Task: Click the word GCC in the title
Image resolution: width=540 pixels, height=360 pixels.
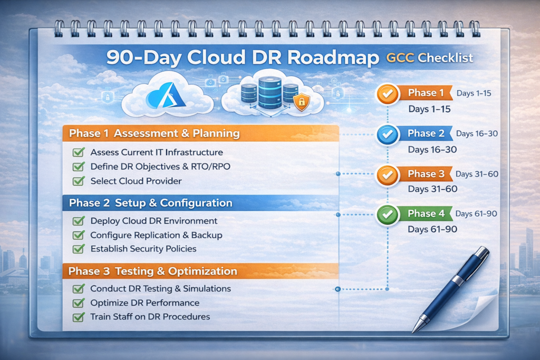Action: tap(397, 58)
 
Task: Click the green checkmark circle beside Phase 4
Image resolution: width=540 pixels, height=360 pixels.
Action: tap(387, 214)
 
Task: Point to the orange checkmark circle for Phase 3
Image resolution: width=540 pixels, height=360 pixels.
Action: tap(387, 174)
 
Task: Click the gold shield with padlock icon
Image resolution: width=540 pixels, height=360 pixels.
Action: tap(302, 102)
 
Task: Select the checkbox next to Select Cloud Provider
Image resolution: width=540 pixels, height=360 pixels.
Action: tap(79, 181)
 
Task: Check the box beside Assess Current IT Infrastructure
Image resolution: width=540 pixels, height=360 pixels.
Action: tap(79, 152)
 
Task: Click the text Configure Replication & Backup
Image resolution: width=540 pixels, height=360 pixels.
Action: tap(156, 235)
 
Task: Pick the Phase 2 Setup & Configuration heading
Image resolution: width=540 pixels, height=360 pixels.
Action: tap(151, 203)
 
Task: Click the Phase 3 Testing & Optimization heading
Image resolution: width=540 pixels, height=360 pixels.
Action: tap(153, 271)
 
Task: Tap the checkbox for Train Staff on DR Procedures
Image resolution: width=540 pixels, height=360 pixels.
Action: tap(79, 317)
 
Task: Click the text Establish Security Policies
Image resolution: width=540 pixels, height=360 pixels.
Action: tap(143, 249)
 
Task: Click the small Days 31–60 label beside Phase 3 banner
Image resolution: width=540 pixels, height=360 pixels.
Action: tap(477, 174)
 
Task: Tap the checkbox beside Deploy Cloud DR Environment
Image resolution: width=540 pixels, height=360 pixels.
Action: tap(79, 221)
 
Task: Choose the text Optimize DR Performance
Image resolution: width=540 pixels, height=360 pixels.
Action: tap(145, 303)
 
